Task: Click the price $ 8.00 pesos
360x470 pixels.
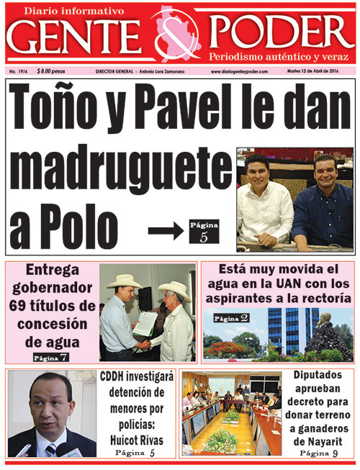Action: point(50,72)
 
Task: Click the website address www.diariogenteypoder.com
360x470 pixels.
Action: point(239,72)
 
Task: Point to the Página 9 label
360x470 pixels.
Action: point(318,453)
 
